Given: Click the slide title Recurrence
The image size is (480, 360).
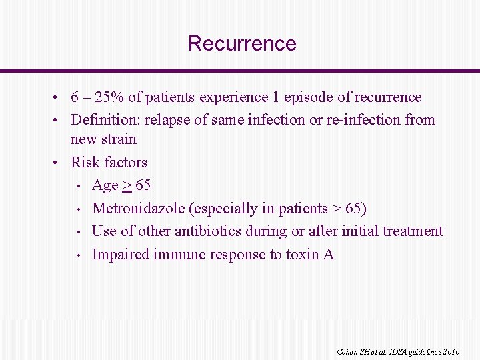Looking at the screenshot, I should tap(242, 43).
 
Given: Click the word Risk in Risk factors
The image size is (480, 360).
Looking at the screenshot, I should tap(85, 162).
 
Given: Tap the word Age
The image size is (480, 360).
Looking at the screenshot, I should tap(105, 185).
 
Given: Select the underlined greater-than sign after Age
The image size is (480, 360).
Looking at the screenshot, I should tap(127, 185).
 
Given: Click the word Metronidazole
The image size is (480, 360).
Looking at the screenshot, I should tap(138, 209).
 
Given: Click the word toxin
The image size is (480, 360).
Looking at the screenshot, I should tap(302, 255).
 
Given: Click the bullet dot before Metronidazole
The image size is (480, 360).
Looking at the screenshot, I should tap(79, 209).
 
